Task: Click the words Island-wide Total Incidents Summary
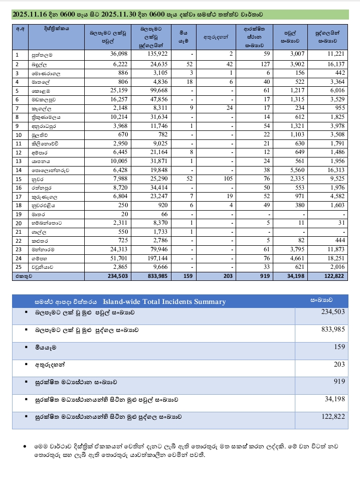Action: [164, 302]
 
